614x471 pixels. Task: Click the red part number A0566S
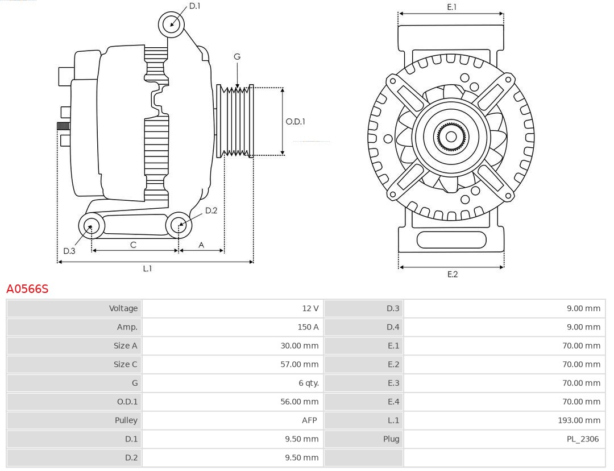pyautogui.click(x=27, y=289)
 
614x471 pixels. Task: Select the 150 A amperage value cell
pyautogui.click(x=308, y=327)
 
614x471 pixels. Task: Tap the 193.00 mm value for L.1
pyautogui.click(x=579, y=420)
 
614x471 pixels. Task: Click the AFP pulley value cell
pyautogui.click(x=309, y=420)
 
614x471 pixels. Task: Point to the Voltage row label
pyautogui.click(x=123, y=308)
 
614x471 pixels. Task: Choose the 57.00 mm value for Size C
pyautogui.click(x=299, y=364)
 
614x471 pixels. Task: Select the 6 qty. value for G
pyautogui.click(x=309, y=383)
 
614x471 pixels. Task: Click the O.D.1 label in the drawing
pyautogui.click(x=295, y=121)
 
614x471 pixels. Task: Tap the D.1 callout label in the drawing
pyautogui.click(x=194, y=6)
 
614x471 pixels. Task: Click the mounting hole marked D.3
pyautogui.click(x=91, y=226)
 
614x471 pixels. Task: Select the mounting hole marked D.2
pyautogui.click(x=179, y=225)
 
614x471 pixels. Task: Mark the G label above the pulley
pyautogui.click(x=237, y=56)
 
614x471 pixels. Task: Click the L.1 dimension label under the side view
pyautogui.click(x=147, y=268)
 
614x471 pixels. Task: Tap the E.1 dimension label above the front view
pyautogui.click(x=451, y=7)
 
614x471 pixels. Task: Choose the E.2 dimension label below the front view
pyautogui.click(x=452, y=274)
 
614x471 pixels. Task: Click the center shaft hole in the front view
pyautogui.click(x=451, y=137)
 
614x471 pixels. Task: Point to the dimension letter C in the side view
pyautogui.click(x=133, y=245)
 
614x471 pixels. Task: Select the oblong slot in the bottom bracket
pyautogui.click(x=451, y=239)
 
